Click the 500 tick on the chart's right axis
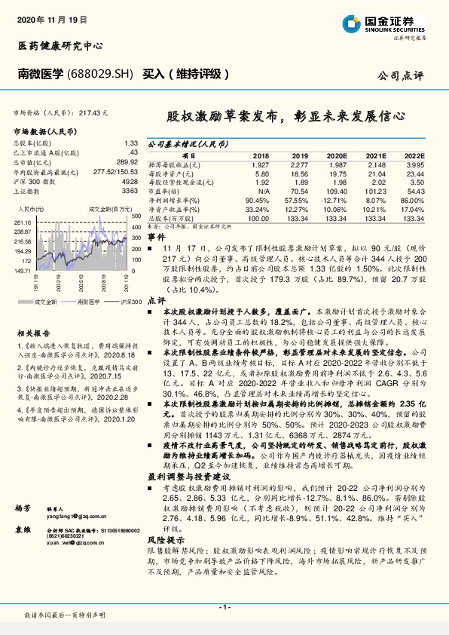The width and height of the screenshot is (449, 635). click(x=136, y=216)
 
